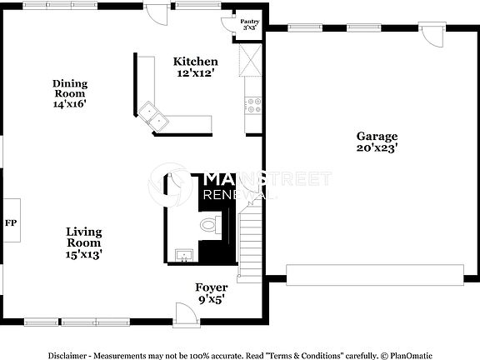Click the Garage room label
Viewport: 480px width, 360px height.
click(377, 137)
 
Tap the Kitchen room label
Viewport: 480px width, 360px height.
click(196, 62)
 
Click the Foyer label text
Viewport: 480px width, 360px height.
click(211, 287)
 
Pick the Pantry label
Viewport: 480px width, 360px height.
click(248, 22)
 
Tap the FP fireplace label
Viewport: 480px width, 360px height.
click(11, 223)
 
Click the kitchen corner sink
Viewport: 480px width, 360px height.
click(153, 113)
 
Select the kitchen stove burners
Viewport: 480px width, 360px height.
click(252, 106)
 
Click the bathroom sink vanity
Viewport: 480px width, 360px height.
click(184, 254)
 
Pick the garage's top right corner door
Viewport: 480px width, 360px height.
click(432, 36)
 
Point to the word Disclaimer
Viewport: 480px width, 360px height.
click(67, 354)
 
